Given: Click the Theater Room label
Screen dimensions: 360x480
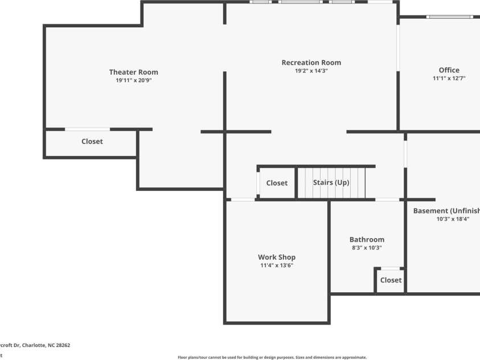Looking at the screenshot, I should coord(134,72).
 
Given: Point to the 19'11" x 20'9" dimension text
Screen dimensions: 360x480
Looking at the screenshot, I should coord(134,81).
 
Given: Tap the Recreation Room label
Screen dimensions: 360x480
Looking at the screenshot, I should coord(311,63).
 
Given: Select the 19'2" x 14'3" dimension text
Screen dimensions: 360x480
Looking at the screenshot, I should coord(311,71).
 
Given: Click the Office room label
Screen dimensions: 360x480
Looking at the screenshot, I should coord(449,70).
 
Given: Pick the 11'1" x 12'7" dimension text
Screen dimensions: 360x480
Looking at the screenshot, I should coord(449,79).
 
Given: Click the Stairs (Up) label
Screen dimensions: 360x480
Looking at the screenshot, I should coord(331,183).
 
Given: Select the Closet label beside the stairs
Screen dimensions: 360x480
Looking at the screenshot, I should coord(277,183).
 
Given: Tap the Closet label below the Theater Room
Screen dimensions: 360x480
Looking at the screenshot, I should coord(92,141).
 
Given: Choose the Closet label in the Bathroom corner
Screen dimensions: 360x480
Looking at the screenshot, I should coord(391,280).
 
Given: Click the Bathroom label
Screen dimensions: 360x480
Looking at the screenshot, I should coord(367,240).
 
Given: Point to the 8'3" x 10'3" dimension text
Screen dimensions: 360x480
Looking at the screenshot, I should coord(367,248).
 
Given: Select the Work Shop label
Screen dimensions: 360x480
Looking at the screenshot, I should coord(277,257).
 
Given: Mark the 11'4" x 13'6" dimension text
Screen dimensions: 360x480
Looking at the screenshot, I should coord(277,265).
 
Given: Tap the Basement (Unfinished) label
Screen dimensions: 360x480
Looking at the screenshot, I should coord(446,211).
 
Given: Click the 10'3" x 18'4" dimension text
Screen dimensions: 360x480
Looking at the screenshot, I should coord(453,219).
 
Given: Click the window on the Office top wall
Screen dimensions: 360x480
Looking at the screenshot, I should coord(450,17).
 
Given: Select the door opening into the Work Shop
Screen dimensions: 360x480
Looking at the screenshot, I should coord(243,199).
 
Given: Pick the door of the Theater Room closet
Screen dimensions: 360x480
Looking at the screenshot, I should coord(87,129).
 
